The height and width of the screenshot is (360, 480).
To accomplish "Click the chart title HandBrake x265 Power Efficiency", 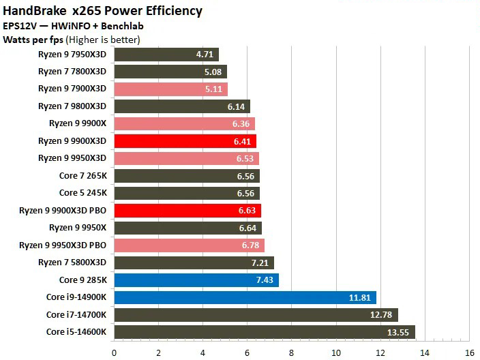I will pos(103,10).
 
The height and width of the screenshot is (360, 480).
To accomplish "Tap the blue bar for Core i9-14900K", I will pos(245,297).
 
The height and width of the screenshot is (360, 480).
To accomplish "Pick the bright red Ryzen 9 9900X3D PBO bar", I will pos(187,210).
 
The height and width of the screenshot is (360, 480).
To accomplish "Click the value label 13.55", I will pos(399,332).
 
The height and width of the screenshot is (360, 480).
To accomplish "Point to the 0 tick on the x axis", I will pos(114,352).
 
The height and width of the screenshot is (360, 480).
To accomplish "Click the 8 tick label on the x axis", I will pos(292,352).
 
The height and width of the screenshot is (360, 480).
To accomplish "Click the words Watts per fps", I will pos(32,40).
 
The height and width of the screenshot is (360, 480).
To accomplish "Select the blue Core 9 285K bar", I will pos(196,280).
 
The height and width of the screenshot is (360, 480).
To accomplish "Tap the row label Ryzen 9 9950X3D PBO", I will pos(63,245).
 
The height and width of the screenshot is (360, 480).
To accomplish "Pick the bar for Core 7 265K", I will pos(187,175).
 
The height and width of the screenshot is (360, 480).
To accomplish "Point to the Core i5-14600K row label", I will pos(76,332).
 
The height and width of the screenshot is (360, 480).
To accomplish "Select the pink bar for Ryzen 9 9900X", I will pos(184,123).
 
